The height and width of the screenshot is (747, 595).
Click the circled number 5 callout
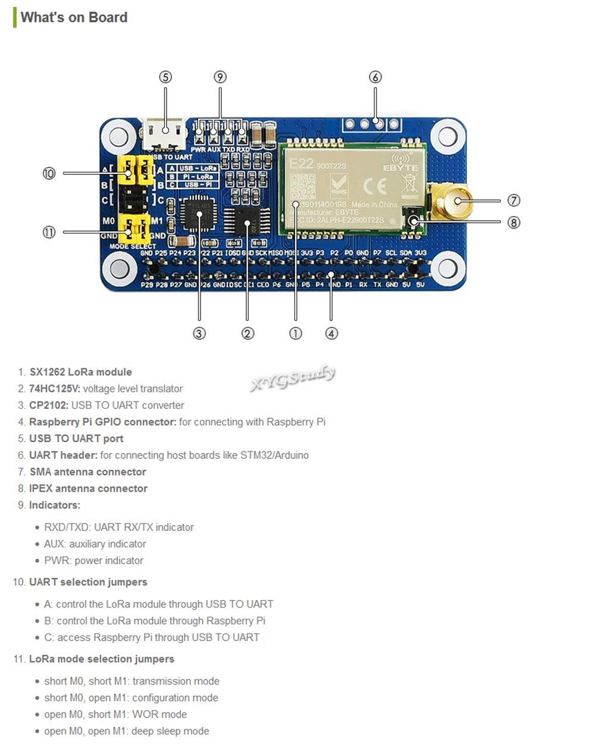pyautogui.click(x=165, y=77)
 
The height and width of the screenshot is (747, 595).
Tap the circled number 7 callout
pyautogui.click(x=514, y=201)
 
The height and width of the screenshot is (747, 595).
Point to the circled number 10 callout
pyautogui.click(x=49, y=173)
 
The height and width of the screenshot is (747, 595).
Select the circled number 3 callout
pyautogui.click(x=199, y=334)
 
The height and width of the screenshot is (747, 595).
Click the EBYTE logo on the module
pyautogui.click(x=400, y=165)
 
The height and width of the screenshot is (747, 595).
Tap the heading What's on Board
pyautogui.click(x=74, y=17)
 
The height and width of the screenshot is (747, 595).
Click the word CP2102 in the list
pyautogui.click(x=49, y=405)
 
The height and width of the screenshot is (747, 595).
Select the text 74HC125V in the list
pyautogui.click(x=54, y=389)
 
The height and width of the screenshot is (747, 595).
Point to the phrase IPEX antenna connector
pyautogui.click(x=88, y=489)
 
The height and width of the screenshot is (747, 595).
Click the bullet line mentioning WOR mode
pyautogui.click(x=115, y=714)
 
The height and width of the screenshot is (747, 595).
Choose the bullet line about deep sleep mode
pyautogui.click(x=126, y=731)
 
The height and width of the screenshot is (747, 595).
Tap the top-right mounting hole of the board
pyautogui.click(x=447, y=136)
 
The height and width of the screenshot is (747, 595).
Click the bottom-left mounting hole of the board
pyautogui.click(x=119, y=268)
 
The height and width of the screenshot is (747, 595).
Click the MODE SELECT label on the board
pyautogui.click(x=132, y=246)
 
